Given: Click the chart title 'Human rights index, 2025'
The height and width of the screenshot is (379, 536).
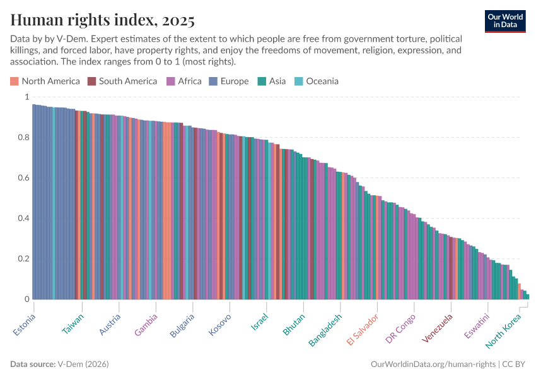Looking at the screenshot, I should (x=102, y=20).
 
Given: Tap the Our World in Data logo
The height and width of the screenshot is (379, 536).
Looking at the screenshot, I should (x=504, y=20).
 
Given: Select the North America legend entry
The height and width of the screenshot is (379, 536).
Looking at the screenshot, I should (x=45, y=81).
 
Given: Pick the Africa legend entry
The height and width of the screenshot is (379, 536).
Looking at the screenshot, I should (x=184, y=81).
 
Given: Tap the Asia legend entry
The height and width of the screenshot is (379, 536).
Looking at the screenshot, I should (x=272, y=81).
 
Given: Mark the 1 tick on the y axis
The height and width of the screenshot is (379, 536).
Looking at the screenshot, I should (x=26, y=97).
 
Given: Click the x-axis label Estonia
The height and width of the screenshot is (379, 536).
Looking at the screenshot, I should (x=25, y=324).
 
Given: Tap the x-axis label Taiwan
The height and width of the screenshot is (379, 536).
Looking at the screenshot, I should (x=73, y=323).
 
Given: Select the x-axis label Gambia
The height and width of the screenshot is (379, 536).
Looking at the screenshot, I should (x=146, y=324).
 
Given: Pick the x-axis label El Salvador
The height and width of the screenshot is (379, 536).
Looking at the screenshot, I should (x=363, y=329).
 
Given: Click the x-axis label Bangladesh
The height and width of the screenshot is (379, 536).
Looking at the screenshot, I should (x=325, y=330).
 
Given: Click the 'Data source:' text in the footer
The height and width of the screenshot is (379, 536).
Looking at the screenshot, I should (x=33, y=364).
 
